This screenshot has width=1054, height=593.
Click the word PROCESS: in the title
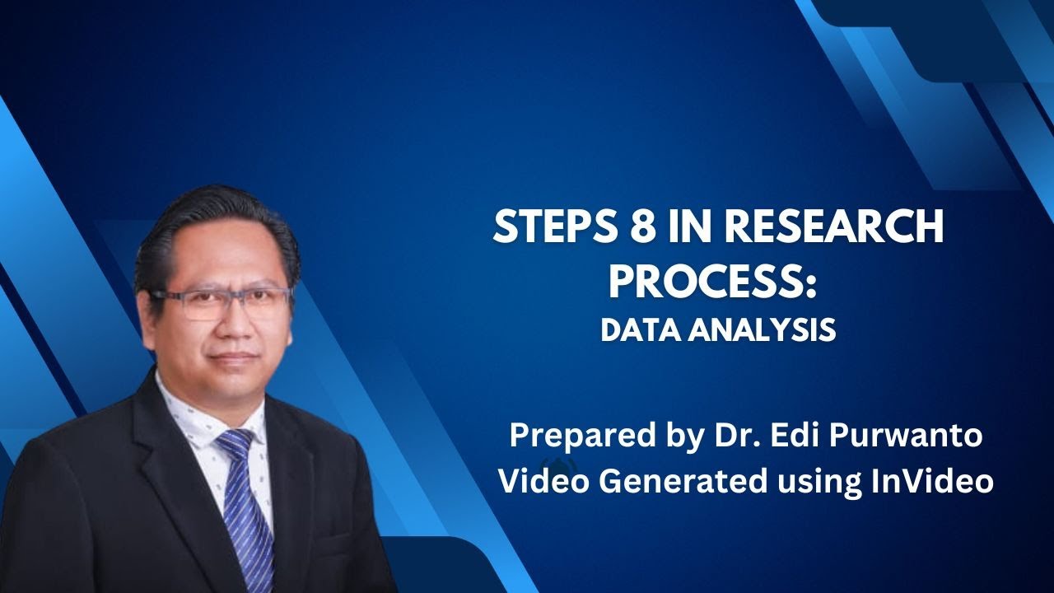[x=713, y=282]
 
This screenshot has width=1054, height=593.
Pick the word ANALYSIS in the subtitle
[x=761, y=330]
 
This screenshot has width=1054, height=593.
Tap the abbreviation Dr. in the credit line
[x=724, y=435]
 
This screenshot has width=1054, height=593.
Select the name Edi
[x=786, y=435]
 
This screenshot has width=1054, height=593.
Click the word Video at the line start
[x=544, y=482]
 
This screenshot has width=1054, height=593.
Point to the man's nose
[x=234, y=325]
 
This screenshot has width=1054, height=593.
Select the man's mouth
[x=234, y=358]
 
